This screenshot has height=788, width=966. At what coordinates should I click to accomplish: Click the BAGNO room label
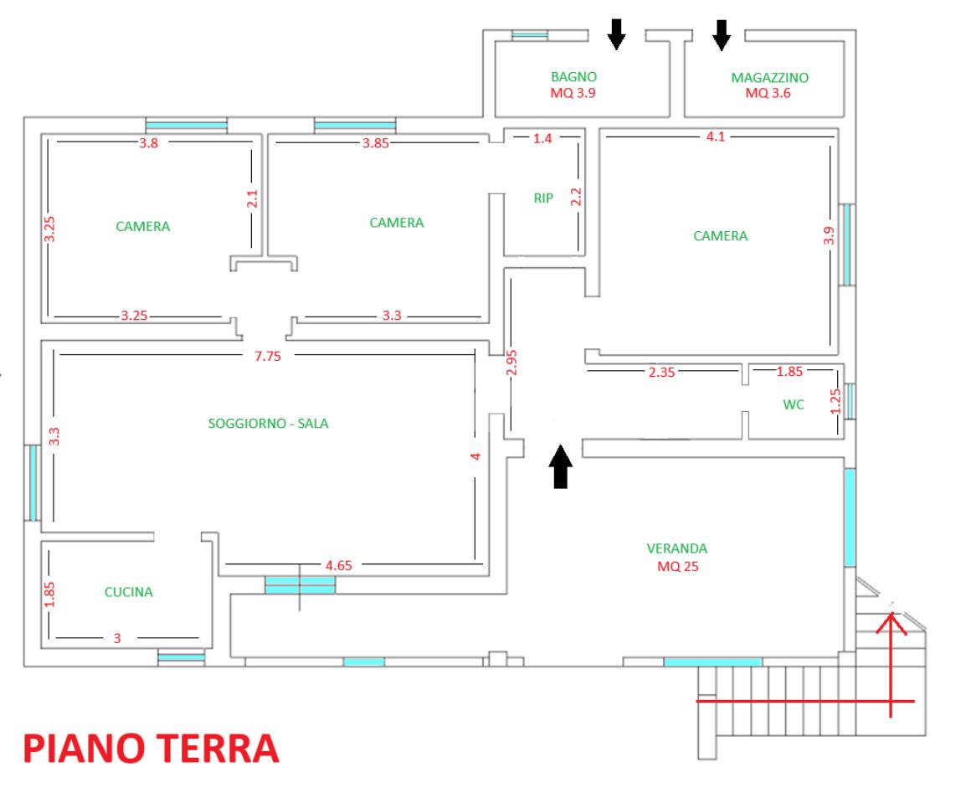(573, 77)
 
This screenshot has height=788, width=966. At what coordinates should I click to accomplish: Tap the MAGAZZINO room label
(769, 78)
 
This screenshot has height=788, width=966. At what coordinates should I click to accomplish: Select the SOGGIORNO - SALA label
(268, 423)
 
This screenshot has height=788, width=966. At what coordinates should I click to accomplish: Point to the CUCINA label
(128, 592)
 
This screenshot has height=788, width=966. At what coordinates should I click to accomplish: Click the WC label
(794, 404)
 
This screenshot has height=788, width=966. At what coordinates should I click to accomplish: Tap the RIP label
(543, 198)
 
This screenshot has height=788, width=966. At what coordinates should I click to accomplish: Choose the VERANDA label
(677, 549)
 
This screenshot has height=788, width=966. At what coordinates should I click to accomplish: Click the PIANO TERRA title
(152, 748)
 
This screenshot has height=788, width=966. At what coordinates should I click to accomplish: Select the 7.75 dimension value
(268, 356)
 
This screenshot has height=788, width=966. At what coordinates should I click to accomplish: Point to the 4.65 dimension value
(339, 565)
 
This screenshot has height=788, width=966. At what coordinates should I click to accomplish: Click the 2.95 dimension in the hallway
(511, 363)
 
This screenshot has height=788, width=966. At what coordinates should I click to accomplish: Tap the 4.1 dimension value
(715, 136)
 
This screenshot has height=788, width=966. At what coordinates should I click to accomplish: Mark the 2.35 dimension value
(661, 372)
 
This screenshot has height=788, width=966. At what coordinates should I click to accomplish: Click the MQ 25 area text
(678, 567)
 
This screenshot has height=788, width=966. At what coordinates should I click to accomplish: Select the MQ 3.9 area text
(573, 93)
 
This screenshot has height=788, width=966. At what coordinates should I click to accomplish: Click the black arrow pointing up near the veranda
(561, 466)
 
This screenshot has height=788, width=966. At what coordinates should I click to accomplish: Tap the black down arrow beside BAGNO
(617, 34)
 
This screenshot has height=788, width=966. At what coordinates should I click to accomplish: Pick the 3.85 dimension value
(376, 143)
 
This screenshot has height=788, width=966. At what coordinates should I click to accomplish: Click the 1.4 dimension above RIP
(542, 139)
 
